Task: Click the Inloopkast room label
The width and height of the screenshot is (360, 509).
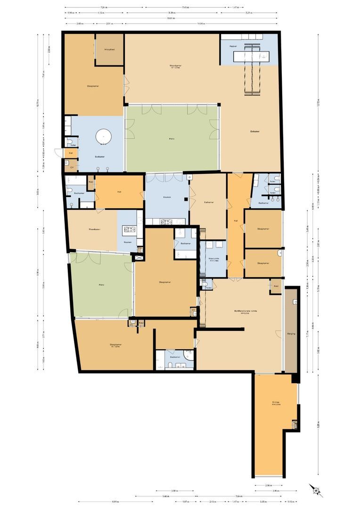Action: (x=110, y=49)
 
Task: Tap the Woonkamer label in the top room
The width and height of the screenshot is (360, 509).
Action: (x=176, y=66)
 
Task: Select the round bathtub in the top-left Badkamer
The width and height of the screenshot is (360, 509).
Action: (x=103, y=137)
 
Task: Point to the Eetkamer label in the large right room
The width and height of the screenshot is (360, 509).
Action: (x=255, y=131)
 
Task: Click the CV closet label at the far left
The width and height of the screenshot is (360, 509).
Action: (x=72, y=167)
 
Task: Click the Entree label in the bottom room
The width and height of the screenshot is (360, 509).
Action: (x=276, y=402)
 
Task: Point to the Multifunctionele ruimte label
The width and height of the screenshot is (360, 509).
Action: (x=245, y=311)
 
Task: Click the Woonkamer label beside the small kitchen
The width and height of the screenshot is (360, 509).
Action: (x=94, y=230)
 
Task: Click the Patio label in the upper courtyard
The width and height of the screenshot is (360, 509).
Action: (x=172, y=139)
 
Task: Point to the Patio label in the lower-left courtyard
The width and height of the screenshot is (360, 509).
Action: (x=101, y=285)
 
